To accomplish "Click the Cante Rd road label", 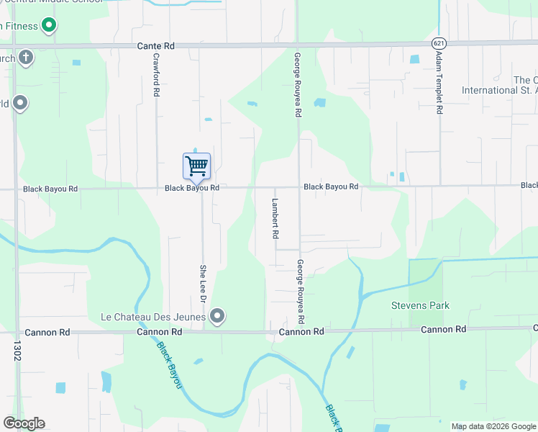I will [156, 46].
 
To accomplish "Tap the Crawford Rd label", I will [155, 74].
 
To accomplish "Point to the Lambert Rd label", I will [275, 218].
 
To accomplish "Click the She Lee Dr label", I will [203, 282].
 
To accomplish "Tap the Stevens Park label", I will [420, 306].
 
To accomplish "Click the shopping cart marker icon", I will [196, 166].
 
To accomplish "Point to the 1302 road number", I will [16, 351].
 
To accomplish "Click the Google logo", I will [24, 423].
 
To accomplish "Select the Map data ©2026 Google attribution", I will [493, 426].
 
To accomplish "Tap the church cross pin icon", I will [26, 57].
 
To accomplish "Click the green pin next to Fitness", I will [49, 27].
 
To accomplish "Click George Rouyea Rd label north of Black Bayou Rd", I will [296, 84].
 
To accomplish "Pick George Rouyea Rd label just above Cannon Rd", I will [301, 292].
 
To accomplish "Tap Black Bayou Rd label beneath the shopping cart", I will [192, 188].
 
